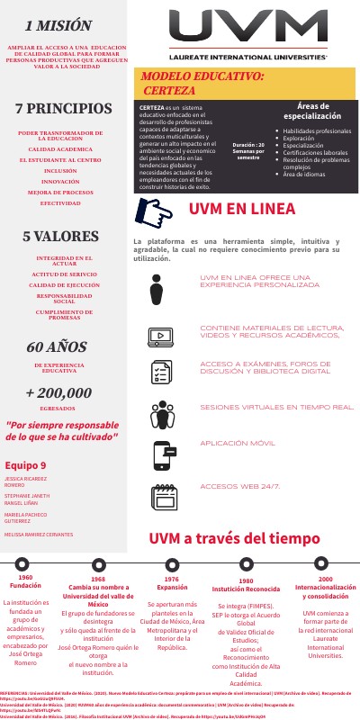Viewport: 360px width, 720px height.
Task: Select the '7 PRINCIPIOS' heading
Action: coord(63,109)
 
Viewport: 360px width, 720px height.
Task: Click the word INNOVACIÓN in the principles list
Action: coord(60,181)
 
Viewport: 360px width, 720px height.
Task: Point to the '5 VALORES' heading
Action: coord(60,237)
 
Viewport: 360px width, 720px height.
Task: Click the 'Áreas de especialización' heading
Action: coord(311,111)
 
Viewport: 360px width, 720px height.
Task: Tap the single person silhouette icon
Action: coord(159,264)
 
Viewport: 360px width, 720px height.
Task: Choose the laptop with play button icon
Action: coord(160,311)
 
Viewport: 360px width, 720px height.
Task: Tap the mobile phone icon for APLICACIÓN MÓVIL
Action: coord(163,454)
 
